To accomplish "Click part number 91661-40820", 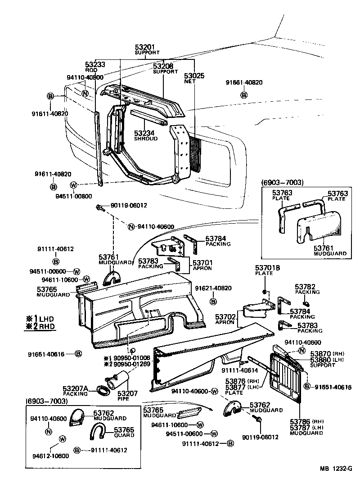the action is (244, 82).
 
